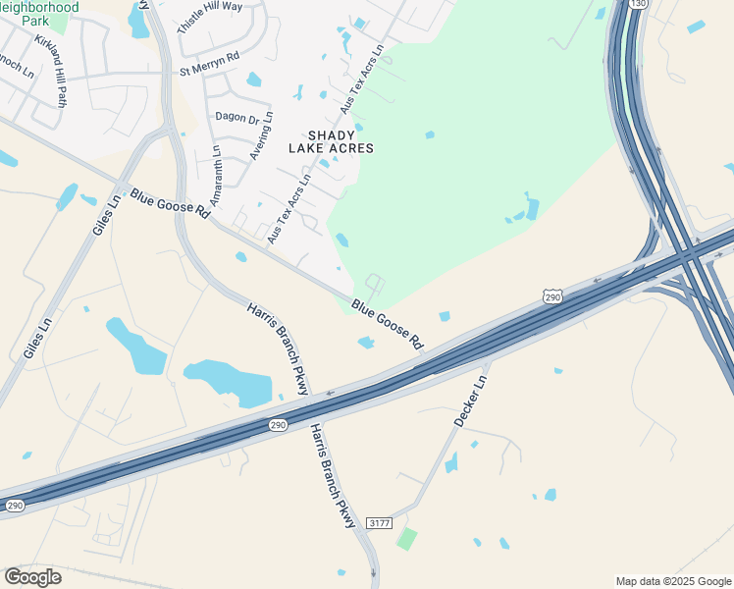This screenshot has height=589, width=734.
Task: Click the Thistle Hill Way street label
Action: click(210, 18)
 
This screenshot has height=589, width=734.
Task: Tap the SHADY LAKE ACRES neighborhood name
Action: click(331, 141)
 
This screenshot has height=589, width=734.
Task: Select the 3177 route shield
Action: click(379, 523)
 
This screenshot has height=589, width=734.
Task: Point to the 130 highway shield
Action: click(641, 4)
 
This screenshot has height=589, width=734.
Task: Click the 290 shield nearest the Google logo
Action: click(15, 505)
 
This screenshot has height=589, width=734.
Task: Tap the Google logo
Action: click(32, 577)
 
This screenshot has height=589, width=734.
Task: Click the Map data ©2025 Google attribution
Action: click(673, 581)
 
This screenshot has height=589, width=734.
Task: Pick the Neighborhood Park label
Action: click(39, 13)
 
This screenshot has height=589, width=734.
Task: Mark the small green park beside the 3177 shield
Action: click(406, 539)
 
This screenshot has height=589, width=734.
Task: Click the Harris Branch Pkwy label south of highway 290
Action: click(333, 476)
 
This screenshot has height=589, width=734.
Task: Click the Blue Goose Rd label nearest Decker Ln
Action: click(388, 325)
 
